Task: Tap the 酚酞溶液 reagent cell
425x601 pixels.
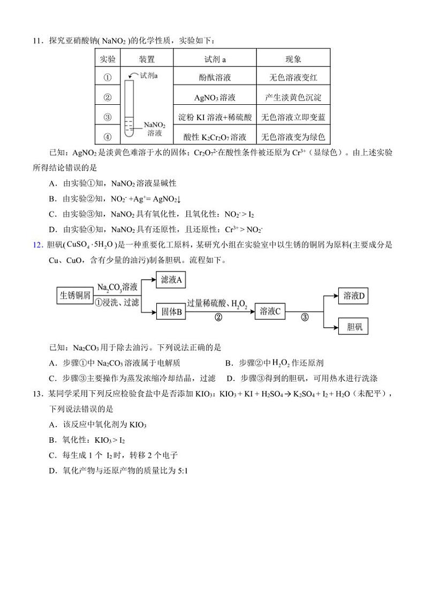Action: tap(215, 78)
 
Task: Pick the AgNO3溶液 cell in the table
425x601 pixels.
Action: tap(215, 97)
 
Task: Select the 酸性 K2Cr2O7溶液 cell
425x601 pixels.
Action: tap(215, 136)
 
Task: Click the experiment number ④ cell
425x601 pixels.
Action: tap(108, 136)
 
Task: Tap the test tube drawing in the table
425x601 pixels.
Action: tap(130, 107)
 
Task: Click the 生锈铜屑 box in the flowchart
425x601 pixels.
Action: tap(75, 295)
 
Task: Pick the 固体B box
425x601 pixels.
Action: tap(171, 312)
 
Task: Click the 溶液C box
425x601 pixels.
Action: tap(270, 311)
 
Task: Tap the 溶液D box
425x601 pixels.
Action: tap(354, 296)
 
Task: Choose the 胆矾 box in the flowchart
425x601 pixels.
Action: tap(354, 327)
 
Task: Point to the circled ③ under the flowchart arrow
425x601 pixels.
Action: tap(305, 318)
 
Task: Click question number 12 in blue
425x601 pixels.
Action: tap(37, 245)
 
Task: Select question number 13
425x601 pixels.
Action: tap(37, 394)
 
